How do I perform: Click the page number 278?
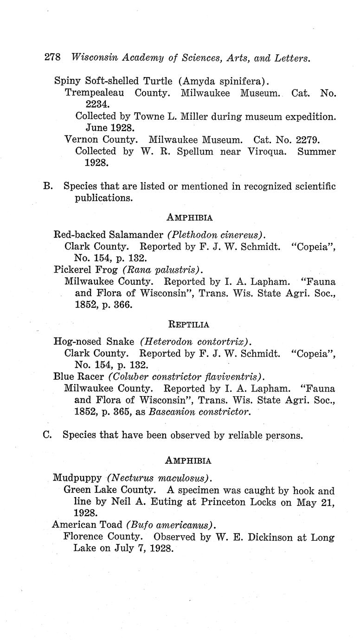click(x=52, y=58)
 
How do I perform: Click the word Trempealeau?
click(x=95, y=93)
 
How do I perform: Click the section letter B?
click(x=47, y=186)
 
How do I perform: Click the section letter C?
click(x=46, y=435)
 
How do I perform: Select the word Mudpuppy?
click(x=77, y=477)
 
